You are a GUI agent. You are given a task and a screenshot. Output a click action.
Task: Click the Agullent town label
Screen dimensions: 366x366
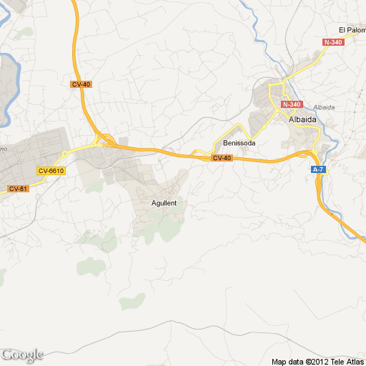click(x=164, y=203)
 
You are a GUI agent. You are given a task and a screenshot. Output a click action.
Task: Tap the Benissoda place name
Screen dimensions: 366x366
click(x=239, y=142)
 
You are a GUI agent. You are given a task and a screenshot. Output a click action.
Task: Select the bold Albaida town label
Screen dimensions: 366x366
click(x=302, y=120)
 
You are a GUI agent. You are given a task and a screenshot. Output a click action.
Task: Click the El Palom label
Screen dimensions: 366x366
click(x=352, y=30)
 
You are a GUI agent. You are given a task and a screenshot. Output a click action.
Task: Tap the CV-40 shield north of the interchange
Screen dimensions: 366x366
click(x=81, y=84)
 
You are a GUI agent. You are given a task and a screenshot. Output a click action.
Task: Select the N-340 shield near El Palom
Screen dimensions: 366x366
click(x=333, y=43)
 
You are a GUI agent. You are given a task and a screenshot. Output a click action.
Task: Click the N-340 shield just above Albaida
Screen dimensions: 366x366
click(x=292, y=104)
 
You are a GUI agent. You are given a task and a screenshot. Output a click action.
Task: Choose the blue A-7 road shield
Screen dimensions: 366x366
click(x=318, y=169)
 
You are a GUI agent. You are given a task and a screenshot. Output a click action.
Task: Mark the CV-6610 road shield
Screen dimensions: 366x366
click(x=51, y=170)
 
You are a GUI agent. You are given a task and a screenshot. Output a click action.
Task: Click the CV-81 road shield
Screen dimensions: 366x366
click(x=18, y=188)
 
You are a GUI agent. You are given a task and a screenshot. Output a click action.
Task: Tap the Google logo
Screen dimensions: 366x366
click(x=22, y=355)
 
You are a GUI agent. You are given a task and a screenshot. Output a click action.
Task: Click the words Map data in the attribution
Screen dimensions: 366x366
click(x=286, y=360)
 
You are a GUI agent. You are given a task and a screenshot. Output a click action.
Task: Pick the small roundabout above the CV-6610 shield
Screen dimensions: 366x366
click(x=64, y=153)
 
